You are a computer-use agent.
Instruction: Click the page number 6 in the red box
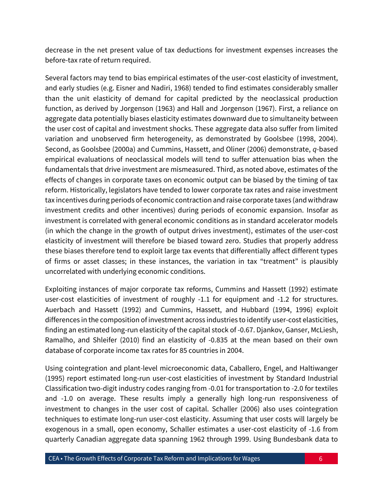coord(321,458)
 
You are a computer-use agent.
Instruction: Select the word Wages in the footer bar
coord(250,458)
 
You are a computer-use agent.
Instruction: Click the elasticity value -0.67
coord(260,330)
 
